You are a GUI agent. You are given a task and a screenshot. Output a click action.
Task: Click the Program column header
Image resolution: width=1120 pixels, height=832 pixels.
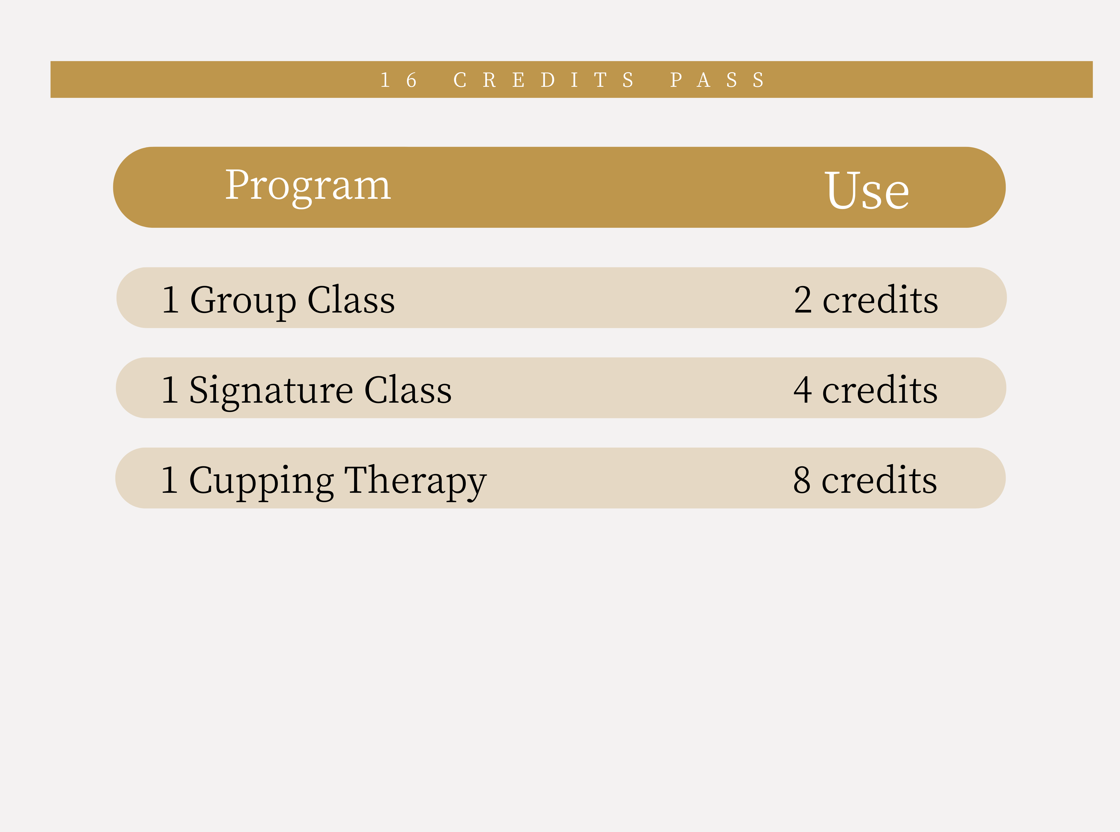click(308, 186)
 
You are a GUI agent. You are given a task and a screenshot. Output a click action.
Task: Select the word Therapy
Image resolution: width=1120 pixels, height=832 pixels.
click(415, 482)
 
